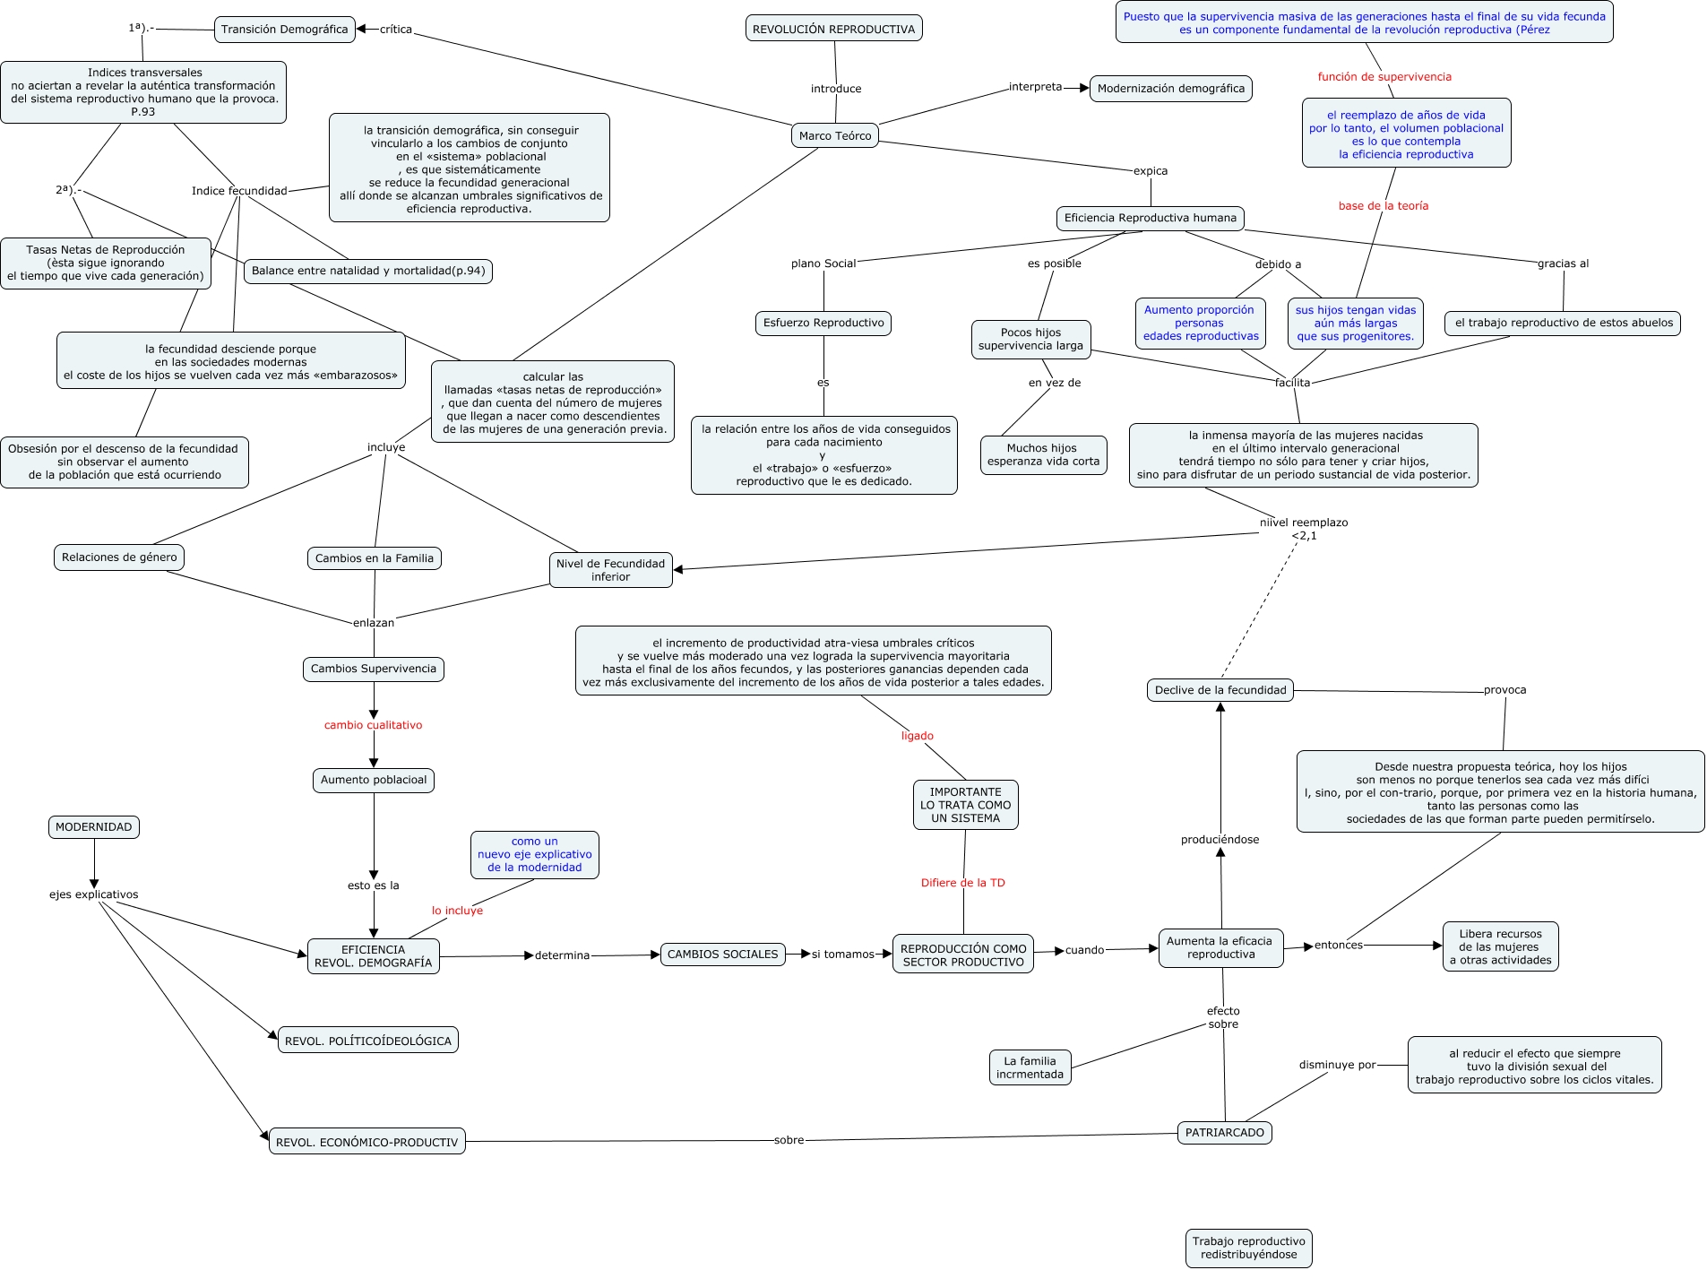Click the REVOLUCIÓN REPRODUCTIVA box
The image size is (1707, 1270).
point(833,29)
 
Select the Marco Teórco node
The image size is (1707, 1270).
point(834,136)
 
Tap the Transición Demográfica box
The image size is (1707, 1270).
point(284,30)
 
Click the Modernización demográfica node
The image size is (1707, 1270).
point(1170,89)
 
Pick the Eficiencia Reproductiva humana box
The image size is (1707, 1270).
point(1150,218)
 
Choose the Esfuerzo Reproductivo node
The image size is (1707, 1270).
point(823,323)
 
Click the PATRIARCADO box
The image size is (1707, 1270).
point(1224,1133)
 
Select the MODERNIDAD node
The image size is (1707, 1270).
point(93,827)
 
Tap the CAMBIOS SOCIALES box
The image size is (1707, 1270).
point(722,955)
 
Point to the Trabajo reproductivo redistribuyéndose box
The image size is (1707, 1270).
point(1248,1248)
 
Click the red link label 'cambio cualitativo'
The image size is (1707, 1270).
point(373,725)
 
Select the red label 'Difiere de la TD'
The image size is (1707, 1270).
point(962,883)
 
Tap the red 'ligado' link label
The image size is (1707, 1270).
point(917,736)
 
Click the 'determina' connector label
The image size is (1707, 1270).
point(562,955)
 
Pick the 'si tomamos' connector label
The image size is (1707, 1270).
point(842,955)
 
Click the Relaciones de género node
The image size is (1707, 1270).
point(119,557)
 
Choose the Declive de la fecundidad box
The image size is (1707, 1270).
point(1220,690)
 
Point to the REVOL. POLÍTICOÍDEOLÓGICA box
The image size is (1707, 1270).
point(367,1041)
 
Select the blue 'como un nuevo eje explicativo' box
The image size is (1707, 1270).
point(534,854)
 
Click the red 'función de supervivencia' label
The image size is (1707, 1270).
point(1384,77)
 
